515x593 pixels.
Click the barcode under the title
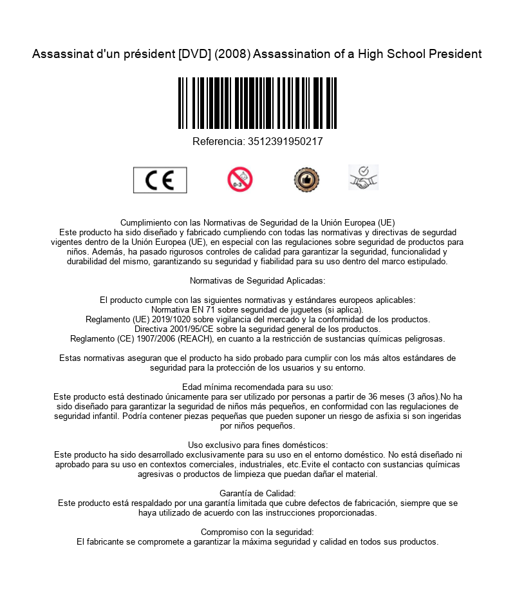click(257, 103)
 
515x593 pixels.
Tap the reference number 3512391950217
click(285, 142)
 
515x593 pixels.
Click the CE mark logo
click(160, 180)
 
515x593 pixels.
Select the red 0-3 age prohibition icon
click(240, 180)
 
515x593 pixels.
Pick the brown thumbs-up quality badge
click(306, 180)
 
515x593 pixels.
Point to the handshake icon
click(363, 178)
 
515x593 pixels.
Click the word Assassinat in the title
click(62, 54)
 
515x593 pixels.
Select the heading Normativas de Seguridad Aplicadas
click(257, 280)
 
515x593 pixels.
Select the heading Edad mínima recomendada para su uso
click(257, 387)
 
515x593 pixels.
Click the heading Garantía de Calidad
click(257, 494)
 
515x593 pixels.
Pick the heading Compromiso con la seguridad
click(257, 532)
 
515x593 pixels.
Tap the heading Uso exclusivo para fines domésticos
click(257, 445)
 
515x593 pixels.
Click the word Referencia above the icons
click(219, 142)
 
